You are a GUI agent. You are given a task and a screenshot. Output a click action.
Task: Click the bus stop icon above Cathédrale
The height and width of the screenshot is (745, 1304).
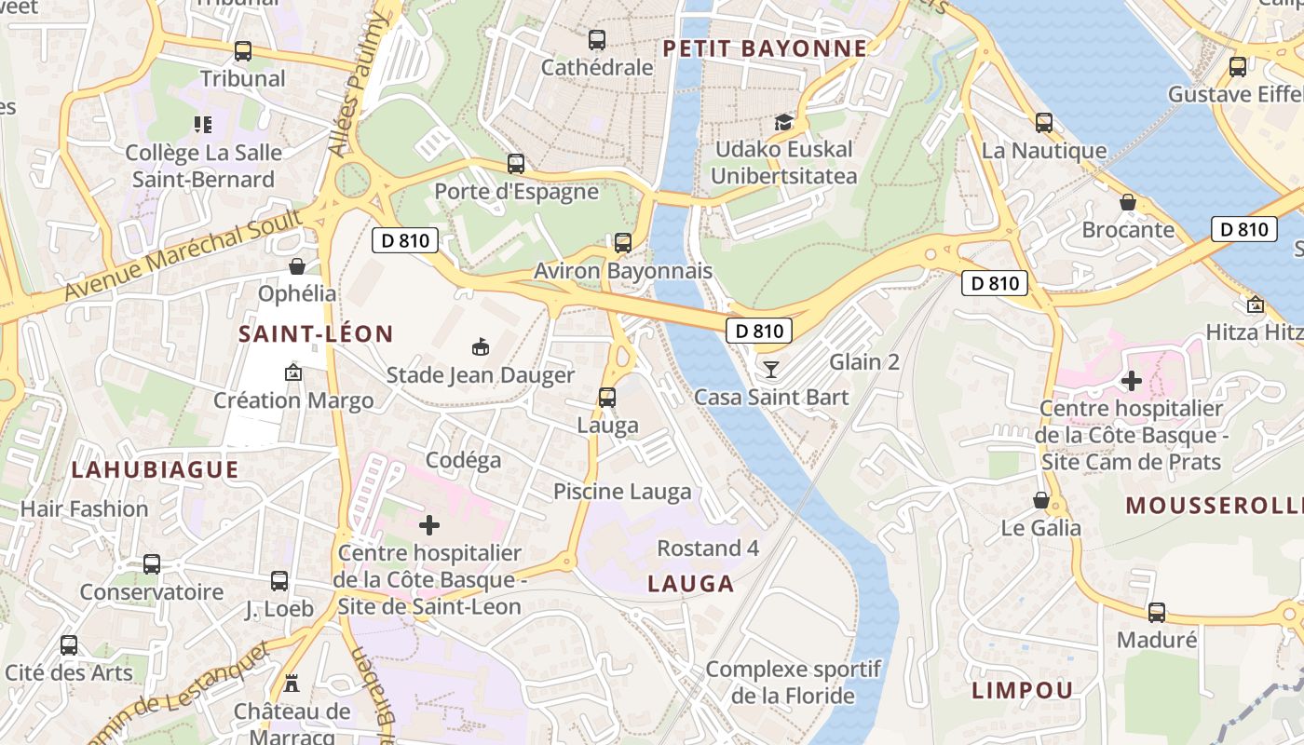[x=597, y=40]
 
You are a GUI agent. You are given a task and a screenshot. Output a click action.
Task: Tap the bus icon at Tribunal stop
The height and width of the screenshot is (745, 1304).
[x=243, y=51]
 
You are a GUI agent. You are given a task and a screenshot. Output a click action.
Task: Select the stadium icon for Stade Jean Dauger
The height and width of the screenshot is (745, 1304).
[x=481, y=347]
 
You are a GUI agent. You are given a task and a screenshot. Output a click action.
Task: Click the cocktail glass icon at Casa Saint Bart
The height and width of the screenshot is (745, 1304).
[x=770, y=370]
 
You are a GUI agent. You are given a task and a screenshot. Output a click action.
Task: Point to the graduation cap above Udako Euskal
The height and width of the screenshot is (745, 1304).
[x=783, y=122]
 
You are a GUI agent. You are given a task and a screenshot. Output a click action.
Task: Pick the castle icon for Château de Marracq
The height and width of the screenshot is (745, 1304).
[x=292, y=684]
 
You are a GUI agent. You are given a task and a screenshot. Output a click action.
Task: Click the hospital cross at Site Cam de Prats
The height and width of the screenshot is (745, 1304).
[x=1131, y=380]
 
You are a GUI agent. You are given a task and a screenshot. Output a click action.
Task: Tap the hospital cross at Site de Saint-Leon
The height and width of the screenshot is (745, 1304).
[x=428, y=525]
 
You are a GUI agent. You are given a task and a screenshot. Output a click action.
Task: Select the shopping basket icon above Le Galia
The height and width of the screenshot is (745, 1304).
[x=1041, y=500]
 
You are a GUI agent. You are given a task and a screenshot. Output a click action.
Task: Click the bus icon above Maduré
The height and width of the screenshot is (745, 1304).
[x=1156, y=612]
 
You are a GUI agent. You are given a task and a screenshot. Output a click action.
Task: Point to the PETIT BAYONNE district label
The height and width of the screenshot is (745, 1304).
[x=765, y=48]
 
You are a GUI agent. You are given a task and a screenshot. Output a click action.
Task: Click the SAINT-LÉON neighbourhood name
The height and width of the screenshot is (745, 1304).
[x=316, y=333]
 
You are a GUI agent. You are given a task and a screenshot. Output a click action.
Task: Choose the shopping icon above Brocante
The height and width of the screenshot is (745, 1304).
[x=1127, y=202]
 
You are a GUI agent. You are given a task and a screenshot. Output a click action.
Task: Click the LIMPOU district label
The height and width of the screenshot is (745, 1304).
[x=1023, y=690]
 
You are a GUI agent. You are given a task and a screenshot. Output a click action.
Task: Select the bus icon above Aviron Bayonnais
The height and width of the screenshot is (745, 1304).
[x=622, y=243]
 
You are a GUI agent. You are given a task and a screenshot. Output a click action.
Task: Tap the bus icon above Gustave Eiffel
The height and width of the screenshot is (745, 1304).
[x=1237, y=67]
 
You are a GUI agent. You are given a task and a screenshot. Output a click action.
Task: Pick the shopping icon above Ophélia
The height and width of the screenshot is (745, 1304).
[x=297, y=266]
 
